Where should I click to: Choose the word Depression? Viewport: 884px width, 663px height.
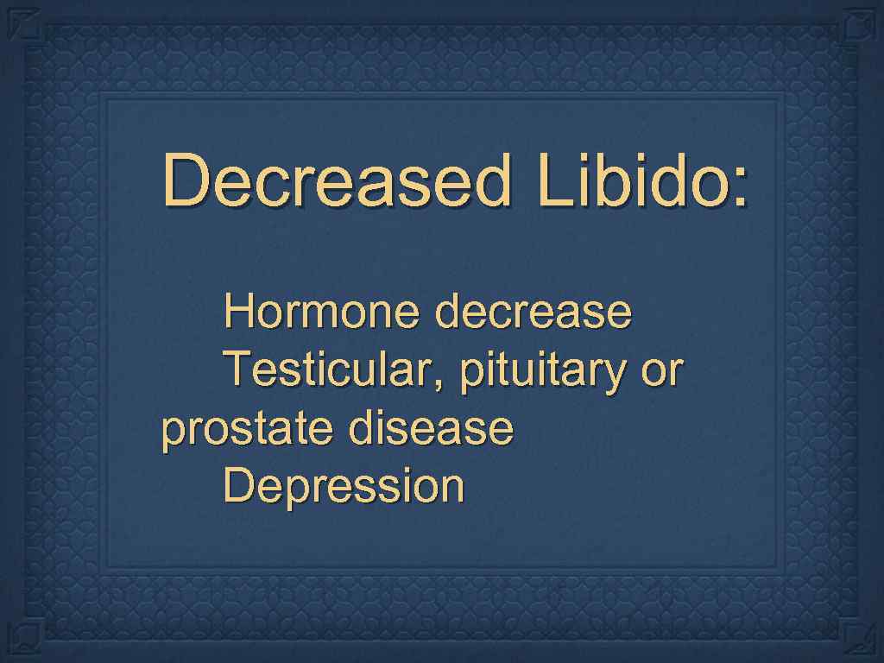click(x=344, y=486)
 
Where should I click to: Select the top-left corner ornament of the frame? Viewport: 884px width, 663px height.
click(x=26, y=27)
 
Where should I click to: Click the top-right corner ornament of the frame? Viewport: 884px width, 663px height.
click(x=857, y=27)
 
